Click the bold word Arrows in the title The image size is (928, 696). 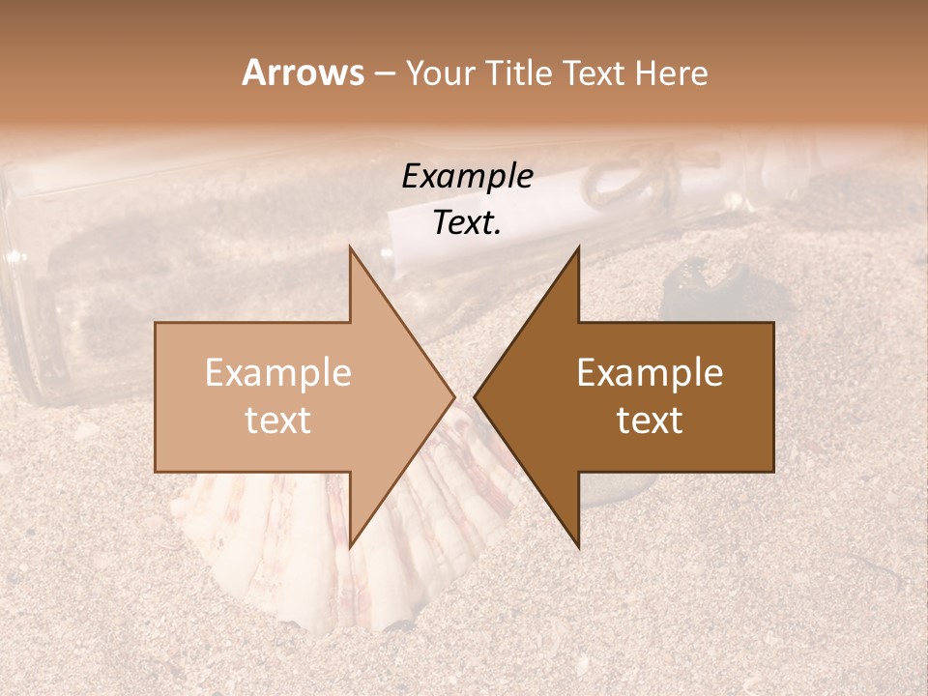click(303, 72)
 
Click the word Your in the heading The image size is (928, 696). click(440, 74)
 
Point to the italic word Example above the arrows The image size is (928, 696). click(467, 176)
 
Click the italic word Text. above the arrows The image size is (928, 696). click(467, 222)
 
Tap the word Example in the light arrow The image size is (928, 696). click(278, 373)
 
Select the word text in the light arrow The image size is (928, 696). click(278, 420)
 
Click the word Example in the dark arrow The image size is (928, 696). click(650, 373)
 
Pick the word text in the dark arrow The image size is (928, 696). click(650, 420)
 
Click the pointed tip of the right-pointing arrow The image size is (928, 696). click(454, 396)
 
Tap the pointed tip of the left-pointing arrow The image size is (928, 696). click(475, 396)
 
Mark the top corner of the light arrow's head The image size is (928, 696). click(350, 247)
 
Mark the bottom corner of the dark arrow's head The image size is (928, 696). click(579, 547)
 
